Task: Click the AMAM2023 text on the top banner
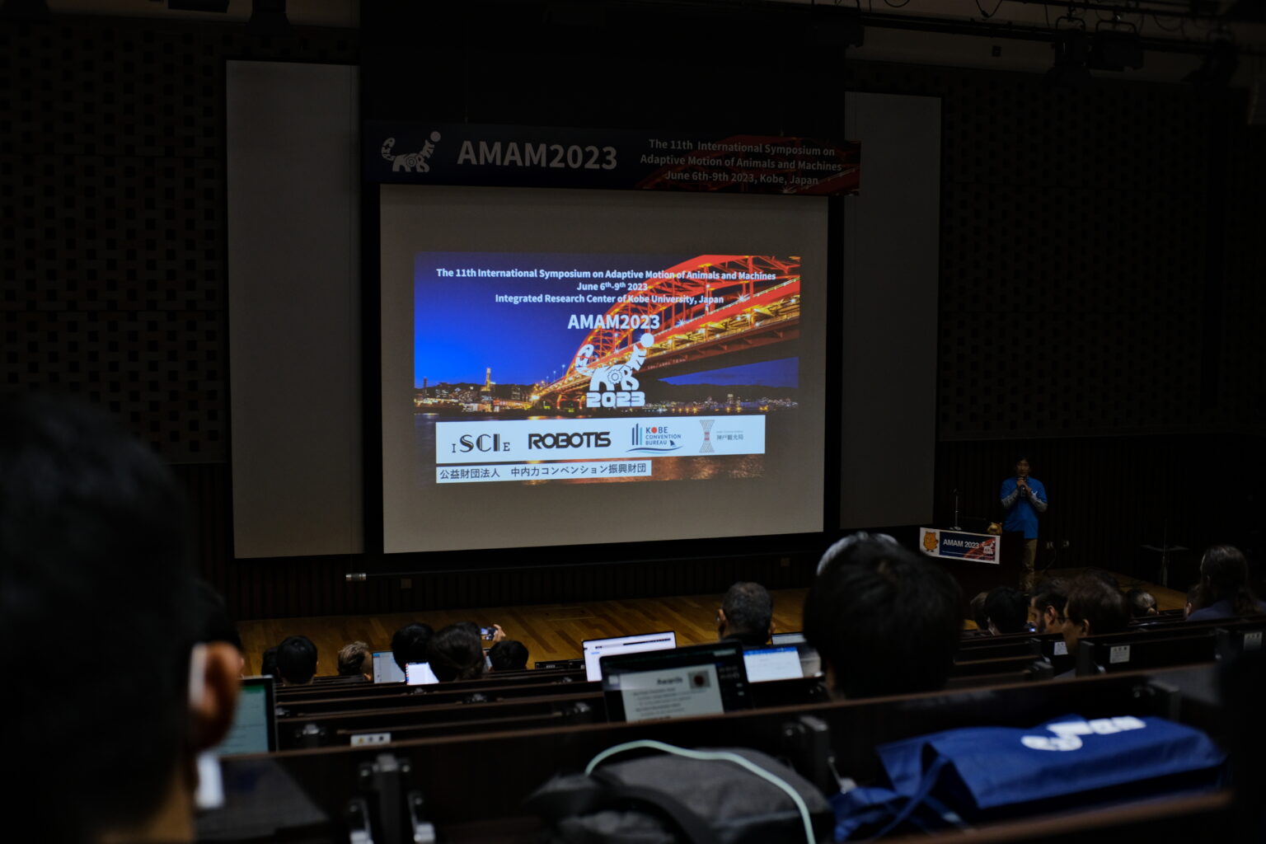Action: (537, 155)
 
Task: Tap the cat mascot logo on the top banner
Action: (410, 152)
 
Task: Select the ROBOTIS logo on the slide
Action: (569, 441)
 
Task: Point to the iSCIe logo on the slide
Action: (481, 443)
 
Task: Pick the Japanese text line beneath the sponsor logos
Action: (543, 471)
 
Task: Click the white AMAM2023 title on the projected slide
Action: (613, 322)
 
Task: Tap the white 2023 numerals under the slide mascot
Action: (615, 400)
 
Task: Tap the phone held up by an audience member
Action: (487, 633)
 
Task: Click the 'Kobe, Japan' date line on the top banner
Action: (741, 178)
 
